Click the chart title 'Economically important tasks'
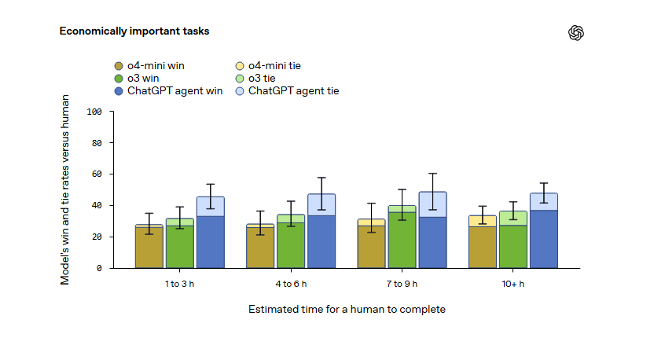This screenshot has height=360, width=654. click(134, 31)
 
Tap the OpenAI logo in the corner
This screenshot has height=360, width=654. click(576, 32)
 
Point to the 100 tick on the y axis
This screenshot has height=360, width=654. click(95, 112)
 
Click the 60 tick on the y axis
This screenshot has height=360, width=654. click(97, 174)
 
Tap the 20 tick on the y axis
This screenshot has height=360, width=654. click(97, 237)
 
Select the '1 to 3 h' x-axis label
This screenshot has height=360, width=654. click(179, 284)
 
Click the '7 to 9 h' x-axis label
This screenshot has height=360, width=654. click(402, 284)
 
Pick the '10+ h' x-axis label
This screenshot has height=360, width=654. click(513, 284)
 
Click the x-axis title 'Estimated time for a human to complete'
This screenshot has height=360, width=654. click(347, 310)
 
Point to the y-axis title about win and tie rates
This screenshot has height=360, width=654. click(66, 189)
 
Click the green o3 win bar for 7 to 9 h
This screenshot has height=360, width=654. click(402, 241)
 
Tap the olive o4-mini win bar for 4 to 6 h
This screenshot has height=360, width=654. click(260, 248)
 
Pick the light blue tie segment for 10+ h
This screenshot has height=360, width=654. click(543, 202)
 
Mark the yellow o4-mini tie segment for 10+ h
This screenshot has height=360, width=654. click(483, 221)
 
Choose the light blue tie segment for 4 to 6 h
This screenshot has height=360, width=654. click(321, 204)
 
